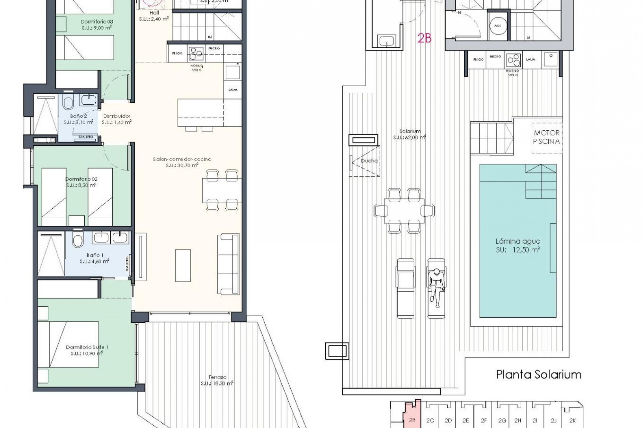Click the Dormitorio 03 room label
pos(96,22)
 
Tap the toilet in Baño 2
pos(68,103)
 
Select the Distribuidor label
pos(116,116)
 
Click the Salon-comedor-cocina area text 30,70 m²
pos(182,165)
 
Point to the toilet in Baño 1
pos(78,240)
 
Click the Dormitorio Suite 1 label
pos(87,347)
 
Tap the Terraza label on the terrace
pos(217,378)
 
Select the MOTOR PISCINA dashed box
pos(546,138)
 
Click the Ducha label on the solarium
pos(369,161)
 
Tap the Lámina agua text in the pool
pos(518,241)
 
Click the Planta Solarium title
pos(539,374)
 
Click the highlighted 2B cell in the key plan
pos(412,420)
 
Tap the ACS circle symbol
pos(497,26)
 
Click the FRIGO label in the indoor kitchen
pos(177,53)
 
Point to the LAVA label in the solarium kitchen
pos(530,60)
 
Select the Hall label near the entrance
pos(154,13)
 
